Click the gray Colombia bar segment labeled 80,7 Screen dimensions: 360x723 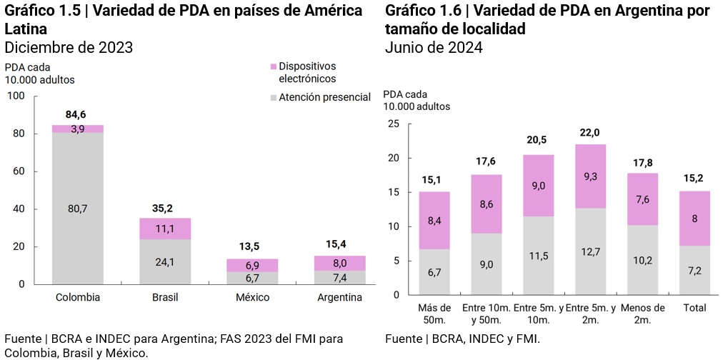(78, 208)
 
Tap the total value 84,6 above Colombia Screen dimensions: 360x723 (77, 114)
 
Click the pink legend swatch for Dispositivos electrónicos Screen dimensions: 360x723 (273, 66)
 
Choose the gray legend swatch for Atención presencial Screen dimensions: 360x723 (273, 97)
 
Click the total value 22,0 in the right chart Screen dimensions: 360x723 (589, 133)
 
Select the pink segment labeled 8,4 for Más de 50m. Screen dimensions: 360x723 (434, 220)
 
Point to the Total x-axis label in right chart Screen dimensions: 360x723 (694, 308)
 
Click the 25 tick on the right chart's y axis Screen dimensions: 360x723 (392, 124)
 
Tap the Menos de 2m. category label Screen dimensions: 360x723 (642, 313)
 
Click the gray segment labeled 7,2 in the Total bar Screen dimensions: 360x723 (694, 270)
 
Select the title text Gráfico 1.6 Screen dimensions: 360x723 (422, 11)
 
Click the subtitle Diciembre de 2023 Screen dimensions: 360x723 (69, 47)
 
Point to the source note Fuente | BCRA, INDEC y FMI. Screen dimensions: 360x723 (462, 339)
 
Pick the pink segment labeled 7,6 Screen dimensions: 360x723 (642, 199)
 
